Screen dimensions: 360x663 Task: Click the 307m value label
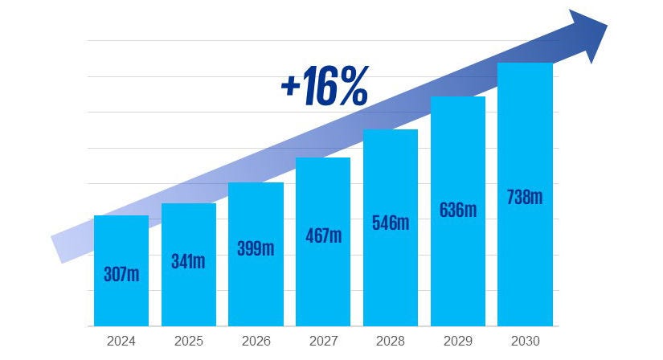(x=121, y=274)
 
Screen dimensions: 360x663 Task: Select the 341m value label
(x=188, y=262)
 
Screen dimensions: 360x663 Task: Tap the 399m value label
(x=256, y=248)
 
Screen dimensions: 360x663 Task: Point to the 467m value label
(x=323, y=235)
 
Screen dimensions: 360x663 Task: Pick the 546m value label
(x=391, y=223)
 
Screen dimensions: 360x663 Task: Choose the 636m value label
(x=458, y=211)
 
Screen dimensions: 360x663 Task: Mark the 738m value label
(x=525, y=197)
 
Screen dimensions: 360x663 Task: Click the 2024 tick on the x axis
(x=121, y=341)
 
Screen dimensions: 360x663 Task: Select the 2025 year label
(x=188, y=341)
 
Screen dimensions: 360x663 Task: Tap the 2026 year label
(x=256, y=341)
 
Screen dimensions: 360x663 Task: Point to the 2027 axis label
(x=323, y=341)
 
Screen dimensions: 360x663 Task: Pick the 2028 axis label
(x=391, y=341)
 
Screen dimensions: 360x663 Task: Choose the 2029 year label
(x=458, y=341)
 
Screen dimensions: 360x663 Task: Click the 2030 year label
(x=525, y=341)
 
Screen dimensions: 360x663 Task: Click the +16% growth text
(x=324, y=89)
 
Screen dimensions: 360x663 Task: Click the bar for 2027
(x=323, y=281)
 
